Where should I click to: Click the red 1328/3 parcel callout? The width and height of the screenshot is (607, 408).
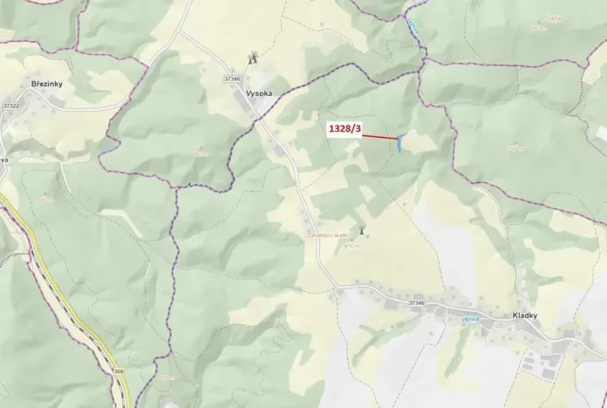pos(344,129)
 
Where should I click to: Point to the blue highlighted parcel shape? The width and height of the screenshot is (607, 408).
pos(399,143)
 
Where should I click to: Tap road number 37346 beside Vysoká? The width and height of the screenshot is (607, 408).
pos(232,78)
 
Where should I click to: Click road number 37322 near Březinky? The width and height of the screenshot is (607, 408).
pos(11,105)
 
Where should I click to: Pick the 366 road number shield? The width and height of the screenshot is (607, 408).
pos(118,371)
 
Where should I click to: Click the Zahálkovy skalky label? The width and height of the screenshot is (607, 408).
pos(328,235)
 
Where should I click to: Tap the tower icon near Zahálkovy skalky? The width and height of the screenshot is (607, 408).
pos(362,232)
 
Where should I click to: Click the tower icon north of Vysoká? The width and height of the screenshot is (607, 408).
pos(254,58)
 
